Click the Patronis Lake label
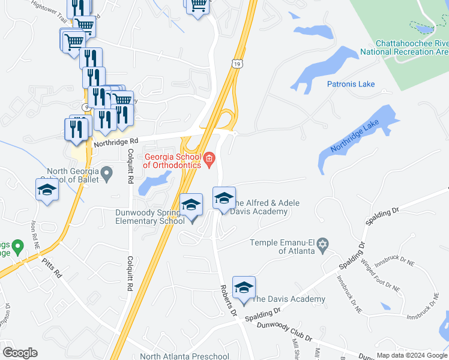(351, 85)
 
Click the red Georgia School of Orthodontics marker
(209, 158)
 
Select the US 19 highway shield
(238, 62)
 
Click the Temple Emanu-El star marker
(323, 244)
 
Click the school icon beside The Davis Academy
(244, 288)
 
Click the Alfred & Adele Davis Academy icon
(224, 199)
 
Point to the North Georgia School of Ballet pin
(107, 175)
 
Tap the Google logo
(20, 353)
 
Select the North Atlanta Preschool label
(184, 356)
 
